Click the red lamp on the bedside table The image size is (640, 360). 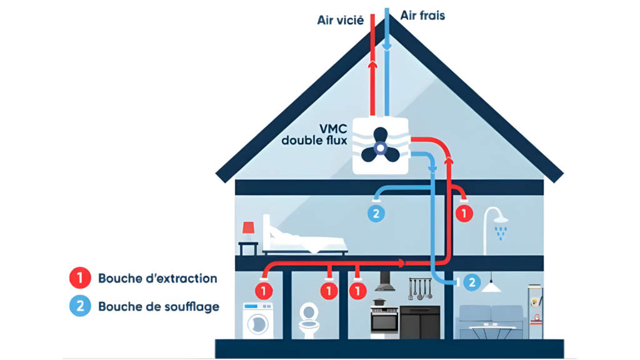[248, 229]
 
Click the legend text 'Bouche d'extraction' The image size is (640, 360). [157, 278]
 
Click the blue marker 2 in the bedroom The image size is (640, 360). [376, 214]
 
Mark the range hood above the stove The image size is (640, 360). [384, 284]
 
